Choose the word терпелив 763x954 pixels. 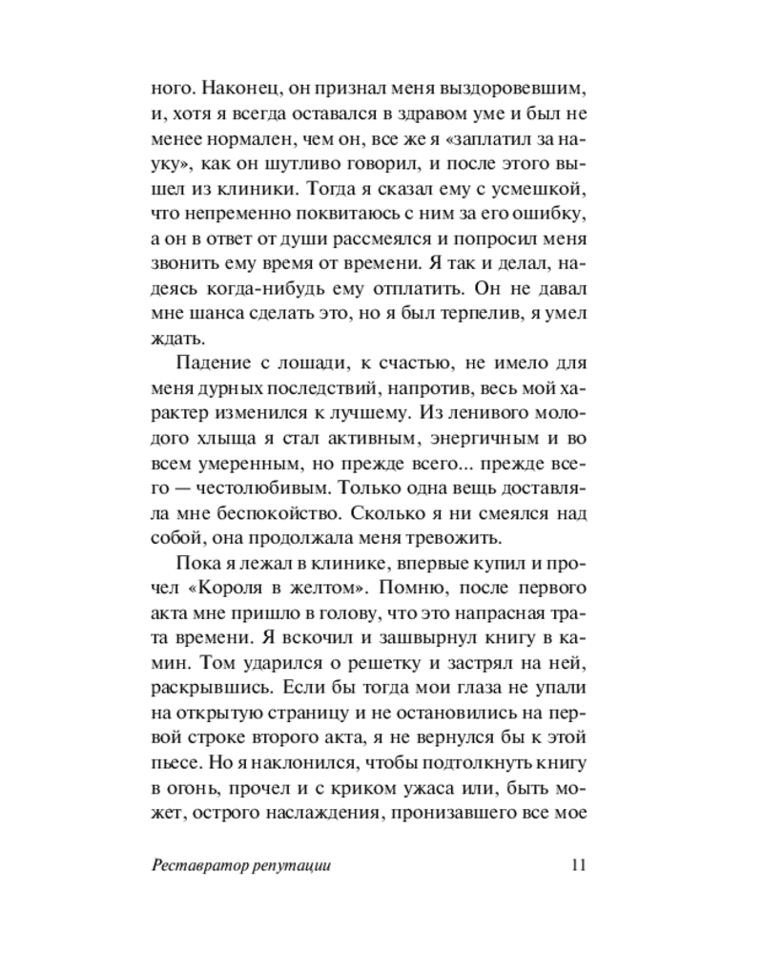pyautogui.click(x=473, y=312)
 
